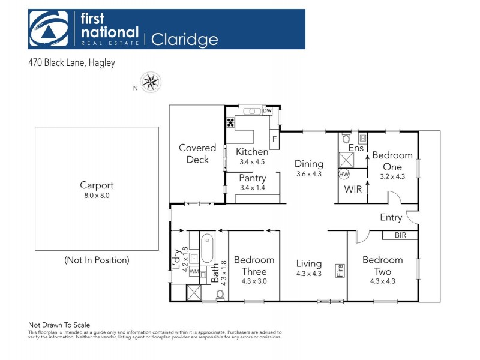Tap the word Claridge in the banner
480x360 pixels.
(x=184, y=40)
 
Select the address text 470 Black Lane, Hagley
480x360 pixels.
(x=71, y=63)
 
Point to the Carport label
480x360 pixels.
(x=97, y=185)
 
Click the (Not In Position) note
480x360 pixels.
(x=97, y=260)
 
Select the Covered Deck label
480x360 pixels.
(x=197, y=154)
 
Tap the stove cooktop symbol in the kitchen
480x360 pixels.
(x=230, y=123)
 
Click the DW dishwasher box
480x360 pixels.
(x=267, y=111)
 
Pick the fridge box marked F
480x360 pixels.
(x=275, y=139)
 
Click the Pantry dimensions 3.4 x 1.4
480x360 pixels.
(x=252, y=188)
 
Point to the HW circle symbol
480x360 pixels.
(x=344, y=175)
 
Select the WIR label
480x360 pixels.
(x=353, y=190)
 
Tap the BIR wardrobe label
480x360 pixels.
(x=400, y=235)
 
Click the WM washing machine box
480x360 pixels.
(x=194, y=272)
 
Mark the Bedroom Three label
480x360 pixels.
(x=254, y=265)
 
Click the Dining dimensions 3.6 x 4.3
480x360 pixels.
(x=309, y=174)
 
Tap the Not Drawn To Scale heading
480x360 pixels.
(x=59, y=325)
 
